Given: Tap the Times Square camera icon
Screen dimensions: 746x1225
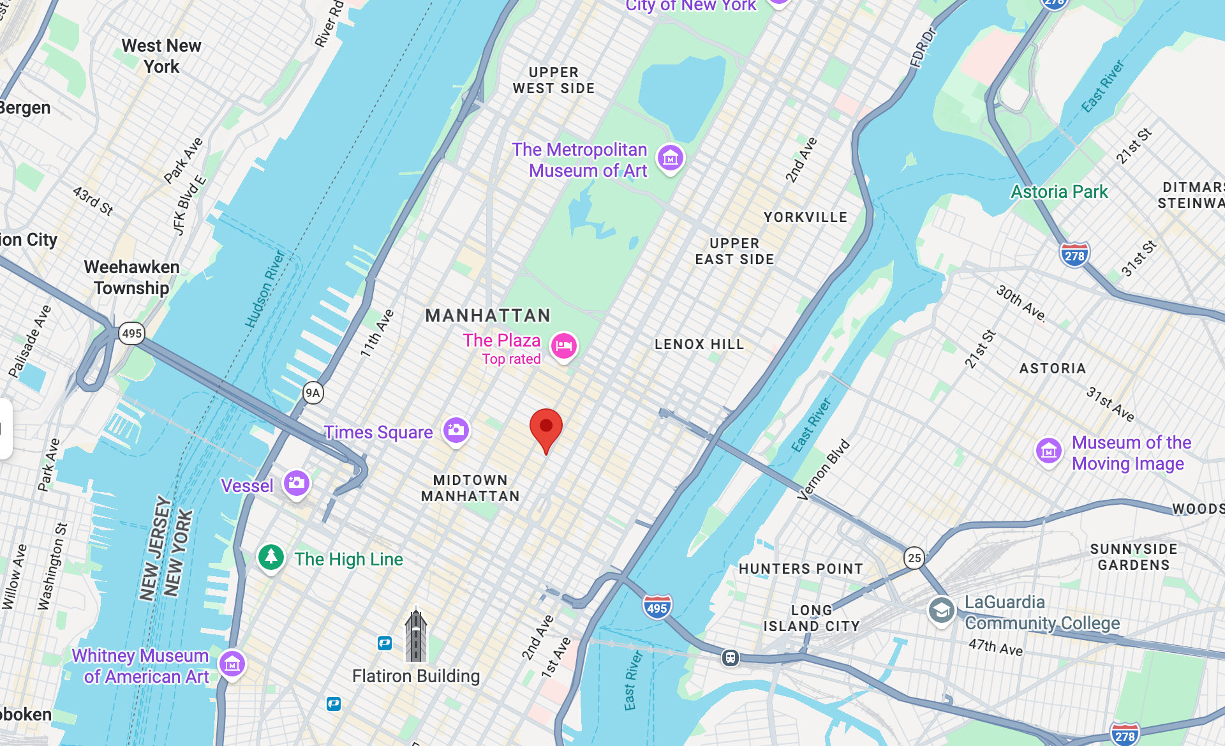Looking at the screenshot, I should (456, 430).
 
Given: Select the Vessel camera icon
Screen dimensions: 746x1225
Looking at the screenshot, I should (297, 483).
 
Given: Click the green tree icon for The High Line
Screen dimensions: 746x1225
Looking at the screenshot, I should (271, 557).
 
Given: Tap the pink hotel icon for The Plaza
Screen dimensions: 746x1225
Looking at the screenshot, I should (564, 346).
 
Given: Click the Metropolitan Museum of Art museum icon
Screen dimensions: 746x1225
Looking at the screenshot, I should (671, 158).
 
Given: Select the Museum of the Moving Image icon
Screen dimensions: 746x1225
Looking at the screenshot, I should (1049, 451).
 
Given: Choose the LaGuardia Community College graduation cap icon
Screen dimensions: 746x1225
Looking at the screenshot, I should (941, 611).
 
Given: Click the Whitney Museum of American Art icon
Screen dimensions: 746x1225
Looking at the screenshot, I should (232, 664).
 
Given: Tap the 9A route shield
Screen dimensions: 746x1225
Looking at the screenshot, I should (313, 392).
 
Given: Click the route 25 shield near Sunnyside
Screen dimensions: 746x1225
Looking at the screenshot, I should (914, 558).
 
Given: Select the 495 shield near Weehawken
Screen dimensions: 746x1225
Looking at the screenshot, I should (132, 333).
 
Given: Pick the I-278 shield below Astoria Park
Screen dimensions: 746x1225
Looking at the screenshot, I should (1074, 255).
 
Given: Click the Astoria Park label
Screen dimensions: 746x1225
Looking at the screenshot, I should (1059, 191).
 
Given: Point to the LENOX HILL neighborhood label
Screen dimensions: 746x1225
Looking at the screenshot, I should (699, 344).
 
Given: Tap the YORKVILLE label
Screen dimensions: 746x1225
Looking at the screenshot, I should (805, 217).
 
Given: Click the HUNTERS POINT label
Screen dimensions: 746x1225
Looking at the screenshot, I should (801, 569).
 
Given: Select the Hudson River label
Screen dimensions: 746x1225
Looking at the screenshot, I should (265, 290).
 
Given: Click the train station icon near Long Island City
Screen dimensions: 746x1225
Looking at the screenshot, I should (731, 657).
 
